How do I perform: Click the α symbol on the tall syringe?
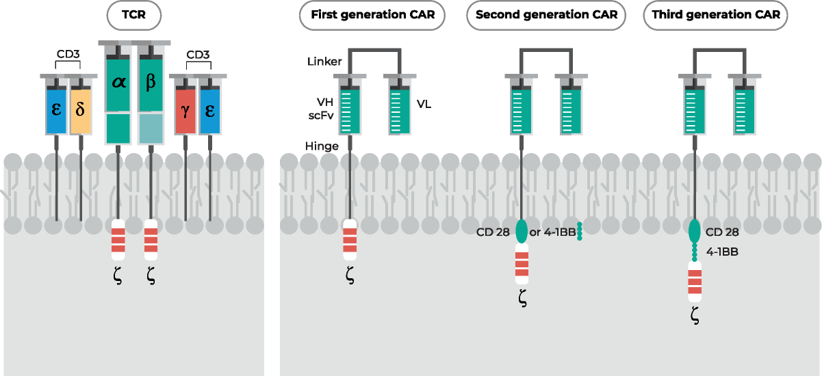click(118, 83)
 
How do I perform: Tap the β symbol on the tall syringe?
click(151, 83)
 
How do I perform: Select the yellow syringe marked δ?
click(80, 109)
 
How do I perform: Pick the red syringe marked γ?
click(185, 109)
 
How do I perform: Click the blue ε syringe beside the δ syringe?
click(56, 109)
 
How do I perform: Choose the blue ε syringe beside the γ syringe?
click(209, 109)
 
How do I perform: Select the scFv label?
click(320, 116)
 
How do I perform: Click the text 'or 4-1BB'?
click(552, 232)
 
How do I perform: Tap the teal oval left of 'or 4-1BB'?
click(522, 230)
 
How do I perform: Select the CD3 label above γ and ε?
click(198, 55)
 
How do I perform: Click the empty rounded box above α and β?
click(135, 15)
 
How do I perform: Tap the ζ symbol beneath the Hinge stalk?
click(350, 276)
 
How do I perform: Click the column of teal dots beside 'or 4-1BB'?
click(580, 231)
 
